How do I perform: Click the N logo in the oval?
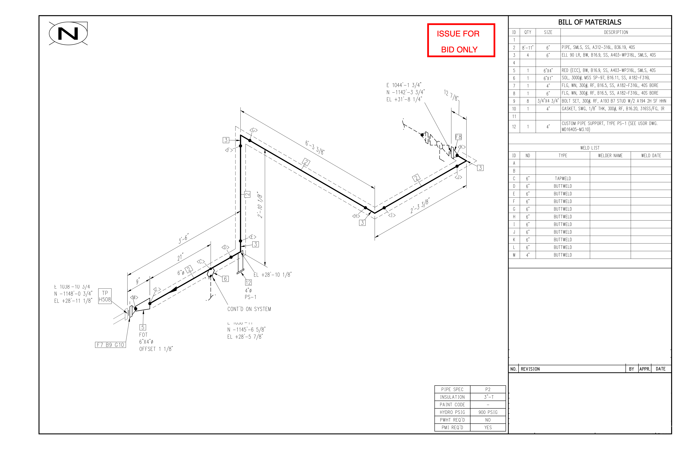[x=68, y=33]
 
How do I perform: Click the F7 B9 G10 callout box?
[x=110, y=345]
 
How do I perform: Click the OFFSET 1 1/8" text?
[x=156, y=349]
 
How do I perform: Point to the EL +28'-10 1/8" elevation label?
[x=272, y=275]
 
